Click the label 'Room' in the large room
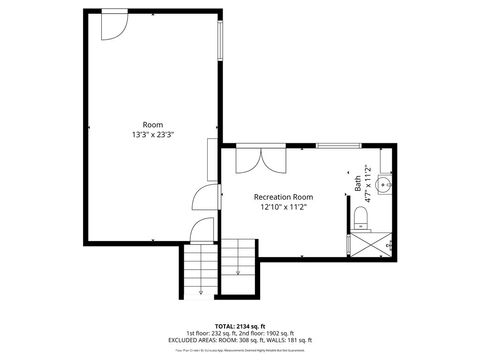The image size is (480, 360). [152, 124]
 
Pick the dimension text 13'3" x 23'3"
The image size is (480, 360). [152, 134]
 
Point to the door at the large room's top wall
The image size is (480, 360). [113, 22]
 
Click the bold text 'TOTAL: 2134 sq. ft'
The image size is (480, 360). [239, 326]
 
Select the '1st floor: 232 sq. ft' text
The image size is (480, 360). [209, 333]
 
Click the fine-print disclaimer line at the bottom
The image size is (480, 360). [239, 350]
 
